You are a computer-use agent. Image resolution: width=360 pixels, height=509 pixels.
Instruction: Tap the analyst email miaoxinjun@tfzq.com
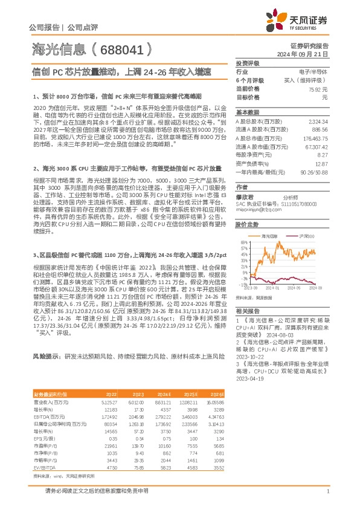pyautogui.click(x=255, y=210)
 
